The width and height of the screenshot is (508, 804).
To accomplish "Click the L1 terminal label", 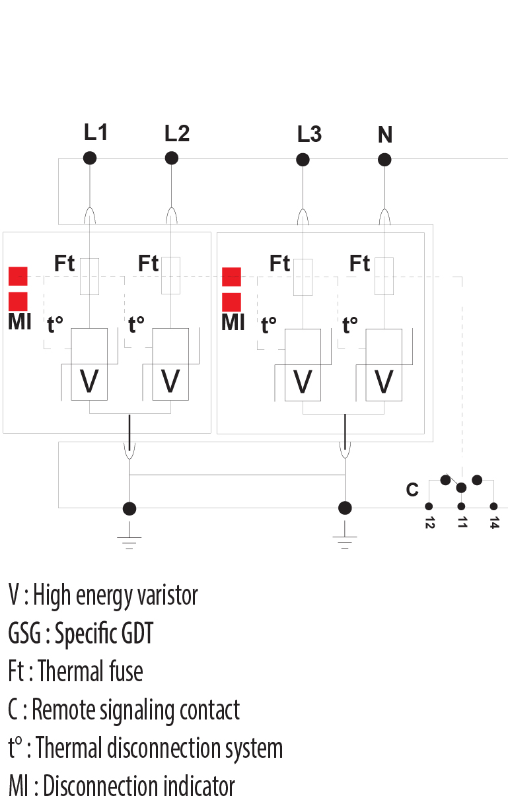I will pyautogui.click(x=96, y=132).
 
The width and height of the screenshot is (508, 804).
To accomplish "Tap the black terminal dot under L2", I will pyautogui.click(x=171, y=158).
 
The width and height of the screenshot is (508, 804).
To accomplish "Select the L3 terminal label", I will pyautogui.click(x=309, y=134).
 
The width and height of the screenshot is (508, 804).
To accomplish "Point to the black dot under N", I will pyautogui.click(x=384, y=160).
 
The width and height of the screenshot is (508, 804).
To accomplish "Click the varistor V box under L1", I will pyautogui.click(x=89, y=381).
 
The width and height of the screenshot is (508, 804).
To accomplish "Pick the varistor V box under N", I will pyautogui.click(x=384, y=381).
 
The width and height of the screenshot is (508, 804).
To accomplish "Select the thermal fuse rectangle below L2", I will pyautogui.click(x=171, y=276).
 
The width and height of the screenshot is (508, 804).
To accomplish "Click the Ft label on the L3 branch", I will pyautogui.click(x=279, y=264).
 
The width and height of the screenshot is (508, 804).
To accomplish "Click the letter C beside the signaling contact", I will pyautogui.click(x=412, y=490).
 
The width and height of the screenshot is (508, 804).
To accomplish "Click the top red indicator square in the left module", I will pyautogui.click(x=18, y=275).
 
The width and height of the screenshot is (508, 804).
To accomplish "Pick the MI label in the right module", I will pyautogui.click(x=233, y=323).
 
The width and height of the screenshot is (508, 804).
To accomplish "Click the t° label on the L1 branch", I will pyautogui.click(x=55, y=325).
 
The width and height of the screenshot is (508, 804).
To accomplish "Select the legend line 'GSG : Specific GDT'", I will pyautogui.click(x=81, y=634).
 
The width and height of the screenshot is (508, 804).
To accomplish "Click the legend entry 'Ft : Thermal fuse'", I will pyautogui.click(x=75, y=672).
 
